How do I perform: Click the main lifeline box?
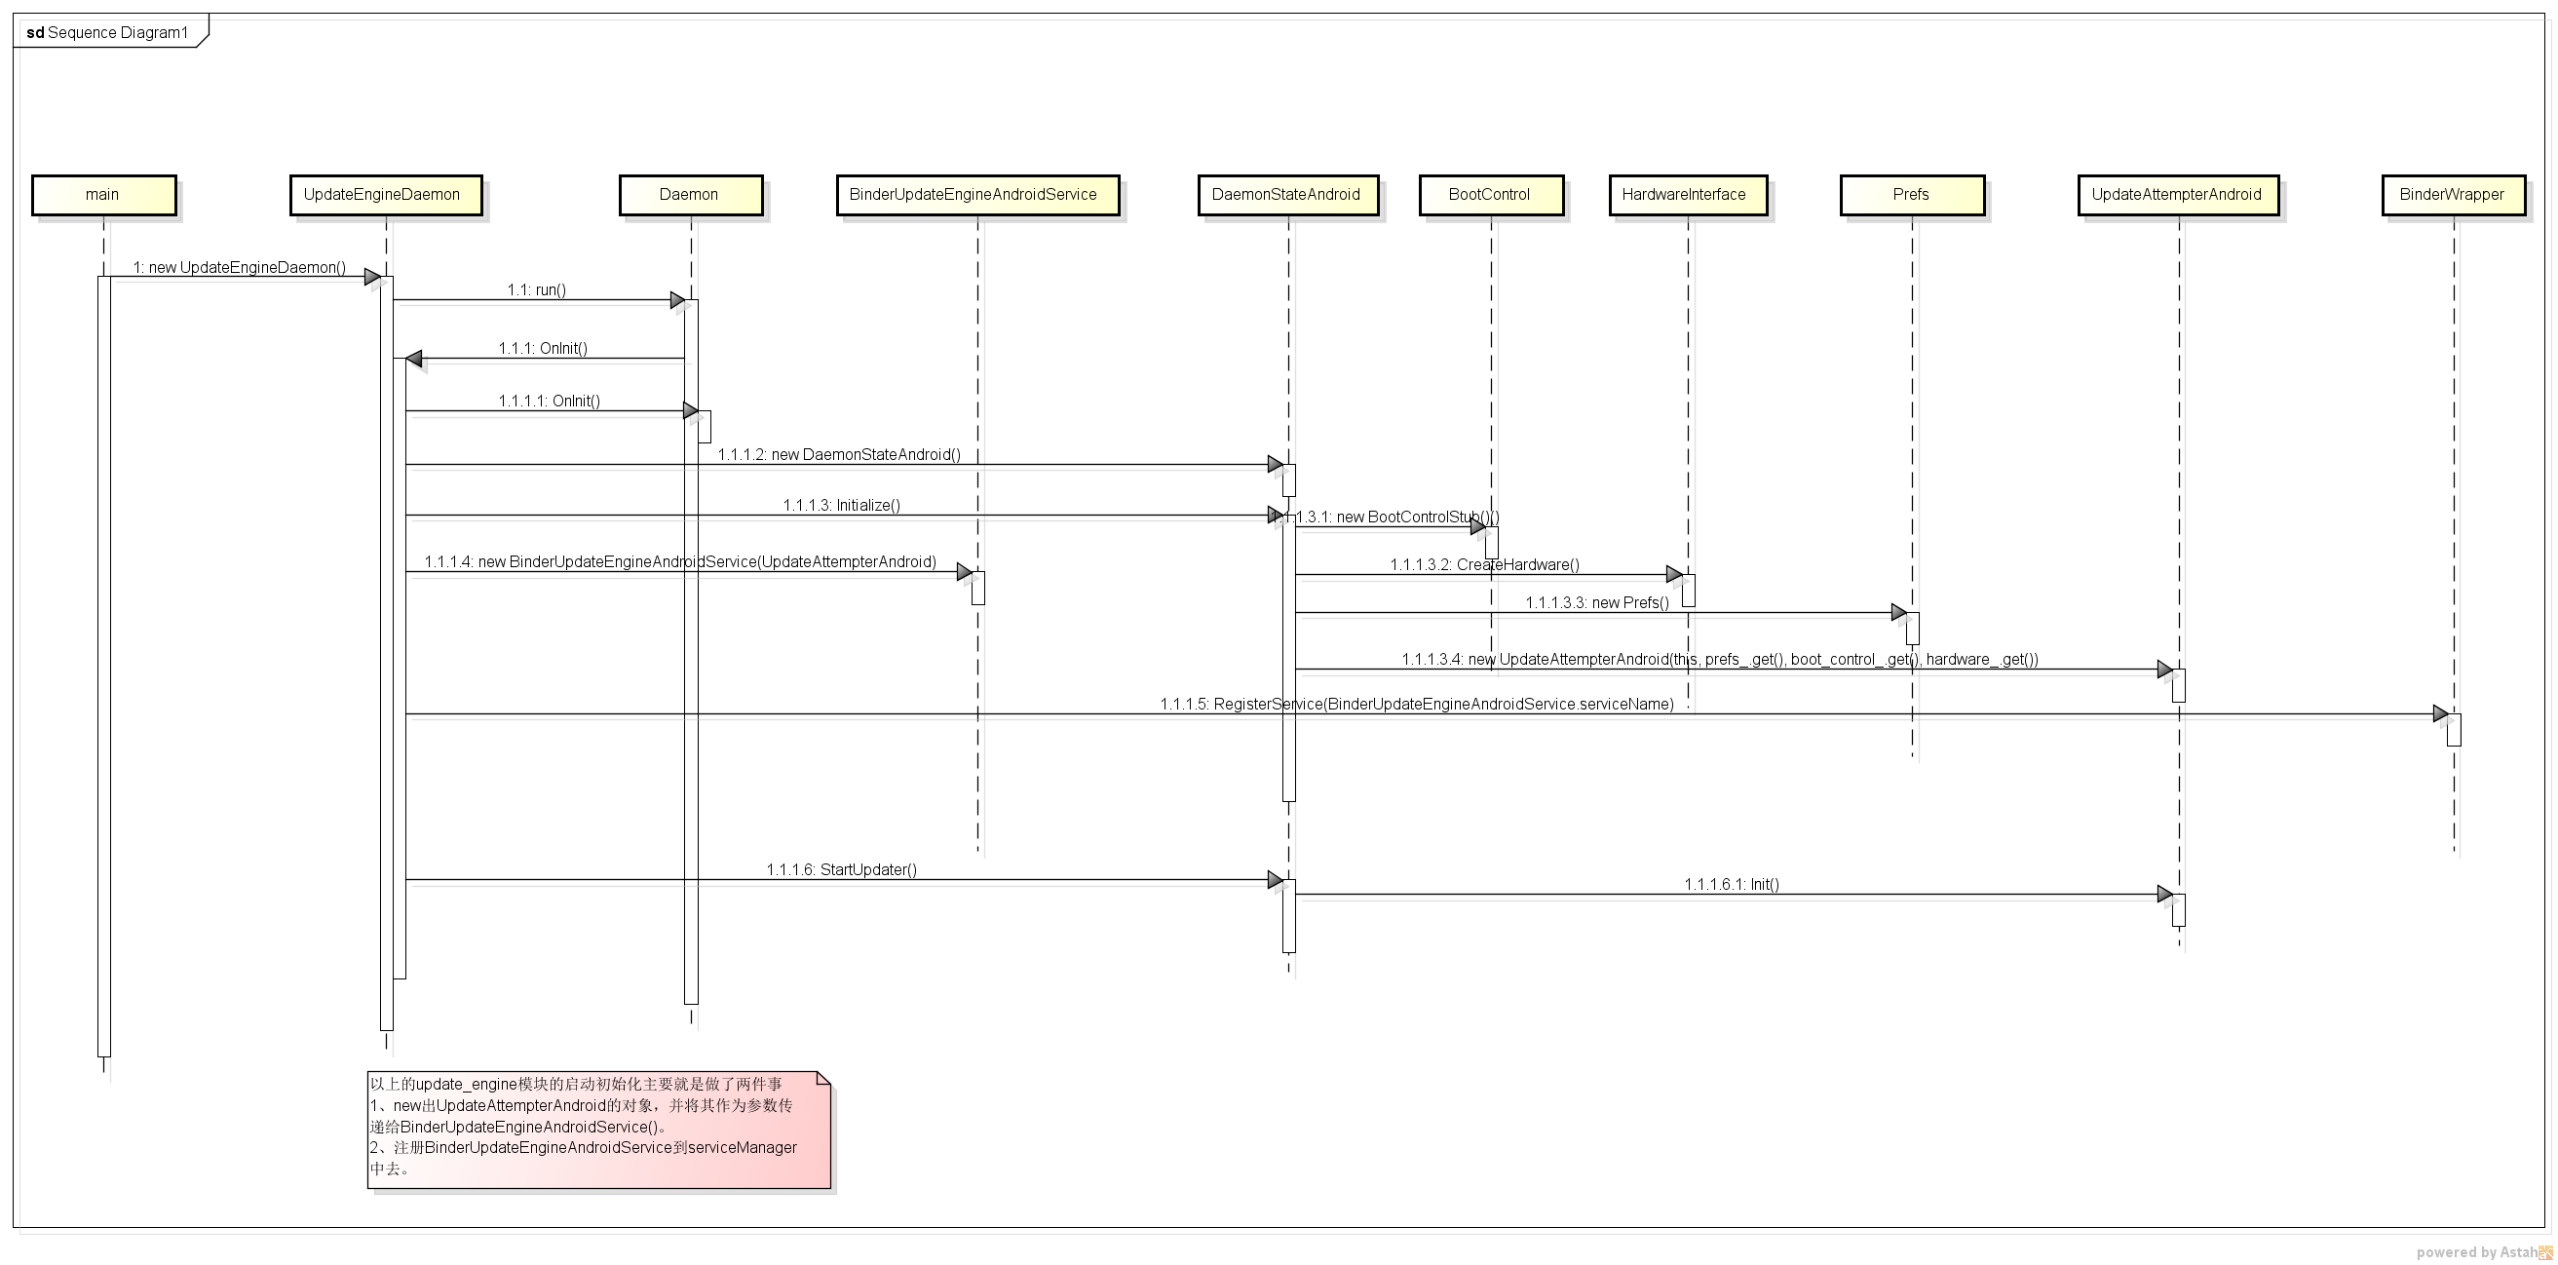[103, 195]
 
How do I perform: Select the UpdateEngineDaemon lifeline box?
[385, 195]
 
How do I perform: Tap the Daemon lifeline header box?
[690, 195]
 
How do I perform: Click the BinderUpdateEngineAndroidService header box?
[977, 195]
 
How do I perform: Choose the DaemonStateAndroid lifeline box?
[1287, 195]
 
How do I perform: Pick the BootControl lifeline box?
[1491, 195]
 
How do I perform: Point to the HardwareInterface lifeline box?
[1687, 195]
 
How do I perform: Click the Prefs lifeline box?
[1912, 195]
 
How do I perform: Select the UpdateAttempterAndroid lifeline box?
[2178, 195]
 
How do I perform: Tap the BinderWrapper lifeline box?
[2453, 195]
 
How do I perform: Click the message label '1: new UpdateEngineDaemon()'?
[240, 267]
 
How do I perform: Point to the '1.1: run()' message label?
[536, 290]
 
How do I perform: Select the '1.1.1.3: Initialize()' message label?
[841, 506]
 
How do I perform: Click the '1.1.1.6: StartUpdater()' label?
[841, 870]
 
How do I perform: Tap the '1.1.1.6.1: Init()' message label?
[1731, 884]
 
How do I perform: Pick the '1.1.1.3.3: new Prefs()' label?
[1597, 602]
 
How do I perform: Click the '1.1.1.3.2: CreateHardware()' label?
[1483, 565]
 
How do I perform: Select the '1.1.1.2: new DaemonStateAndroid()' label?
[839, 455]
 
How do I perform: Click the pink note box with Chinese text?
[598, 1129]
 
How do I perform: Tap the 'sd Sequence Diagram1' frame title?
[107, 33]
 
